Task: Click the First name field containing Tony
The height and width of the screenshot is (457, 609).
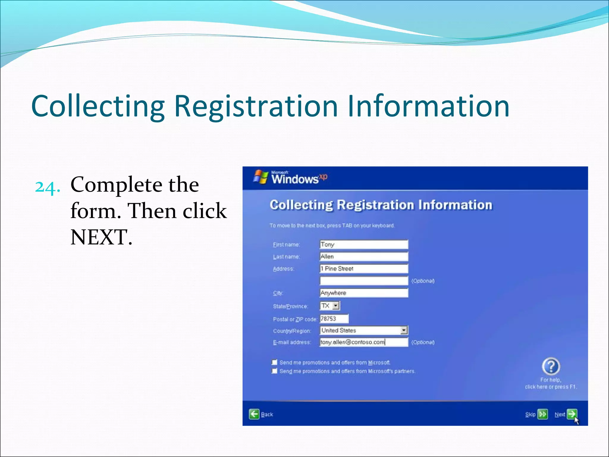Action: pos(363,245)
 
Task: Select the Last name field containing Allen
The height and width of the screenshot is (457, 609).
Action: pos(363,256)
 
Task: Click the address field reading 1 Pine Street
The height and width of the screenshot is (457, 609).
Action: pos(363,269)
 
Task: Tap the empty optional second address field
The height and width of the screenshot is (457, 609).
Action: pos(363,281)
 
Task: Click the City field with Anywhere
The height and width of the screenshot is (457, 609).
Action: pos(363,293)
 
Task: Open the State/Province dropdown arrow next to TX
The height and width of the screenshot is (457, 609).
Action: pos(336,306)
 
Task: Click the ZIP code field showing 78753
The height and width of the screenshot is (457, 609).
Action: pos(334,319)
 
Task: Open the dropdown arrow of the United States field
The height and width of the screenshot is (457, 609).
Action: pos(404,330)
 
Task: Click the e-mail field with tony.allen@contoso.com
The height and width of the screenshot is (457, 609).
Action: pos(363,342)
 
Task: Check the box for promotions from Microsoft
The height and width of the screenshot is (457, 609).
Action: pos(274,362)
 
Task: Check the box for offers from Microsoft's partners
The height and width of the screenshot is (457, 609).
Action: pos(274,371)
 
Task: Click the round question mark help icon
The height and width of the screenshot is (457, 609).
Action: pos(551,366)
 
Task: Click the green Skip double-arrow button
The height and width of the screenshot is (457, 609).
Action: pos(543,414)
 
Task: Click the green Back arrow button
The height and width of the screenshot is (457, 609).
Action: pos(254,414)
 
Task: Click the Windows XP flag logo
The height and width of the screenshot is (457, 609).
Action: pos(260,177)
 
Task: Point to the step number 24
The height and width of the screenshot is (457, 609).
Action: pos(47,187)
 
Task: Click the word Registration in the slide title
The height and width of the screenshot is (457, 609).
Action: pos(255,106)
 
